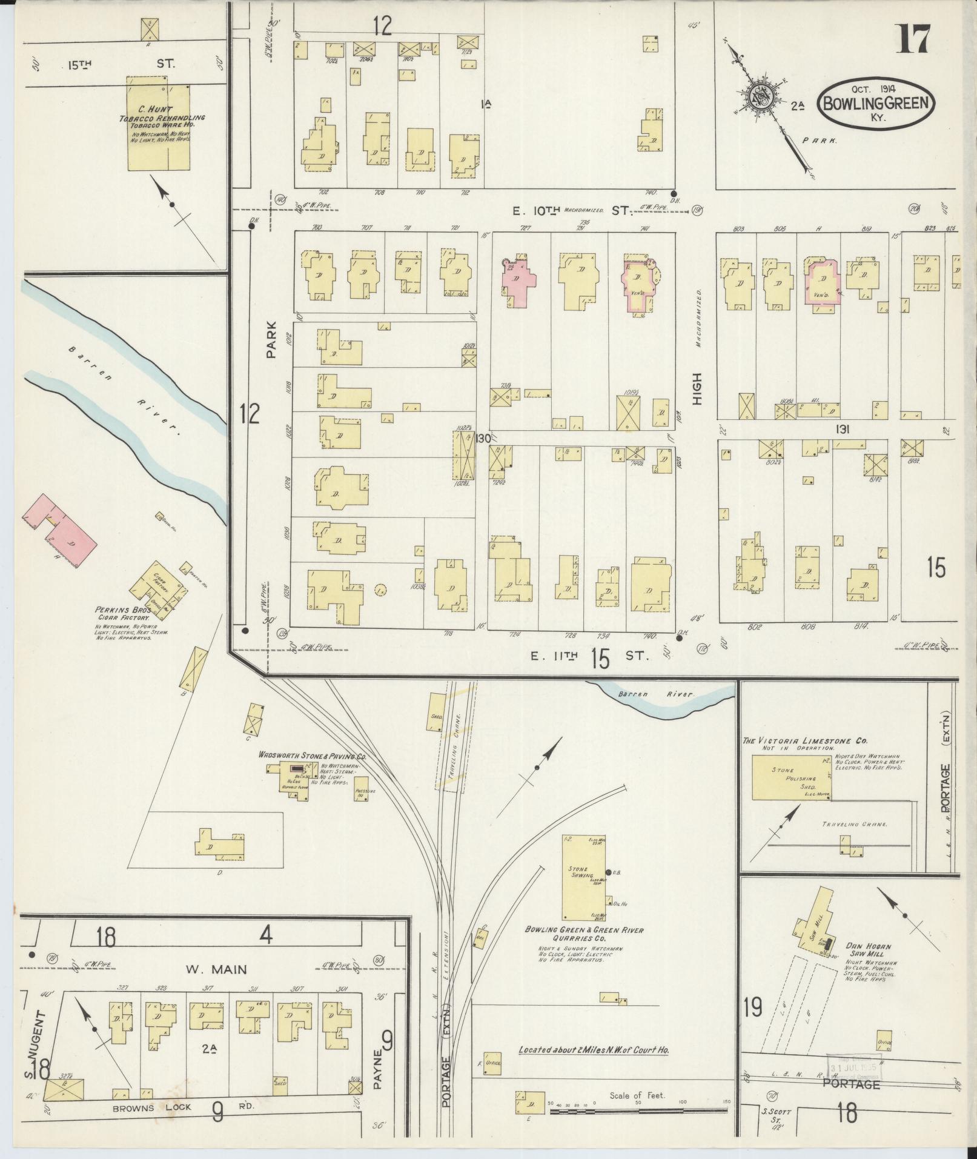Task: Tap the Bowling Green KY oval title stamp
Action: pos(876,102)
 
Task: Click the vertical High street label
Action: pos(697,390)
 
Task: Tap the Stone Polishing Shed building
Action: pos(791,777)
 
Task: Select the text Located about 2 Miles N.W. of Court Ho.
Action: pos(594,1050)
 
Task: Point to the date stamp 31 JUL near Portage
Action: pos(853,1068)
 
